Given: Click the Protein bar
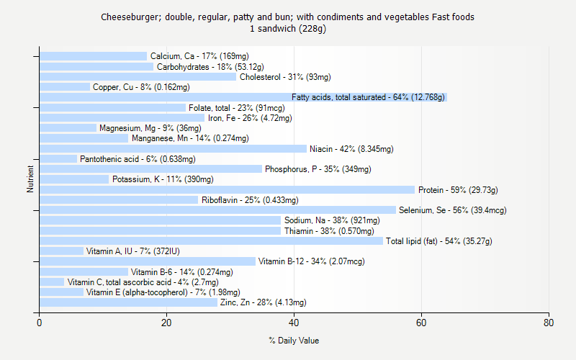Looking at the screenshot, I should point(227,190).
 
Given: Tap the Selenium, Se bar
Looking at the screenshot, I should point(217,210).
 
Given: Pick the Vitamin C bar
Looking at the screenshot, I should point(52,282).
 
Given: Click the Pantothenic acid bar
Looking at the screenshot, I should point(58,159).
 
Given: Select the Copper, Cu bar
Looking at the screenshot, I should point(65,87).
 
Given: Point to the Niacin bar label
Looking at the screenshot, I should point(351,149).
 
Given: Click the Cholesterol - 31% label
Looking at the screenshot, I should point(285,77).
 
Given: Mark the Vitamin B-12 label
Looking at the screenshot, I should point(311,261).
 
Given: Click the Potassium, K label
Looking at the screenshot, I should point(153,179).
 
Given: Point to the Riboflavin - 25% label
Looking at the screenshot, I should point(250,200).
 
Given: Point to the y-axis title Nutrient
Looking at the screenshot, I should point(30,179).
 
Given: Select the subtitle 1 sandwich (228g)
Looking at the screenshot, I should point(288,29).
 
